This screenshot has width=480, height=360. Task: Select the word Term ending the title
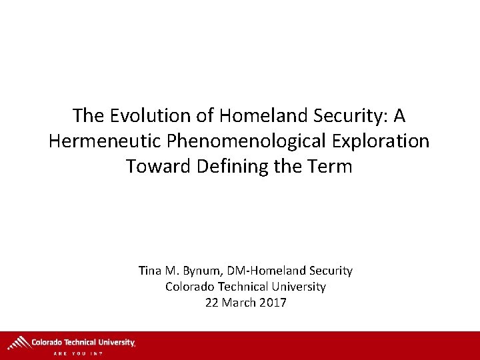[332, 165]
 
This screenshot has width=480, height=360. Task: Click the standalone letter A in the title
[399, 116]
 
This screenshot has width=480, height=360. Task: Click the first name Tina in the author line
[150, 271]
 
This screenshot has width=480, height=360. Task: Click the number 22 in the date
[212, 303]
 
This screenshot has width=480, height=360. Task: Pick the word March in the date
[238, 303]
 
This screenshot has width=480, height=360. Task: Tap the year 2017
[273, 303]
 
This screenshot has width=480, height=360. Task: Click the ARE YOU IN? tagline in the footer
[79, 353]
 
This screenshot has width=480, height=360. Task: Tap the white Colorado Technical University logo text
[83, 342]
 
